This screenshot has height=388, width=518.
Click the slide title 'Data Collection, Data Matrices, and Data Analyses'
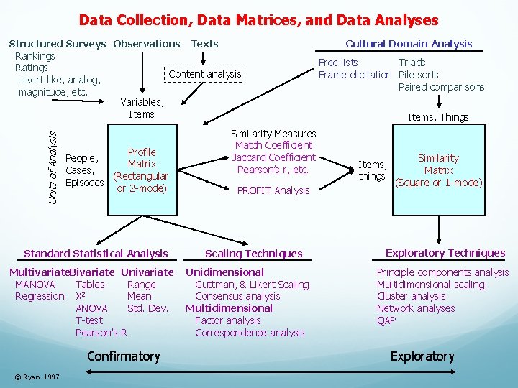[258, 20]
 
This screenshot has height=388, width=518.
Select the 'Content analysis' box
[205, 74]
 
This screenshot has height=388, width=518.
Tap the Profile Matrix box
[142, 170]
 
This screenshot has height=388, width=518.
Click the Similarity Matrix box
[438, 170]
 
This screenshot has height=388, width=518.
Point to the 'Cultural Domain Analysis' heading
[409, 44]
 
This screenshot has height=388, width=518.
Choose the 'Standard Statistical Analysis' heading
[96, 254]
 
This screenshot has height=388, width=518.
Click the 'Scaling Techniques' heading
[254, 254]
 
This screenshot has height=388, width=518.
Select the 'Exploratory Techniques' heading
[445, 253]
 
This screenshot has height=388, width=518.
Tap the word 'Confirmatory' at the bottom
[123, 356]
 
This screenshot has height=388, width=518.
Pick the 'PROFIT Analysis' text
[273, 190]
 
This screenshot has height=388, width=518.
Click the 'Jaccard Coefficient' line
[273, 157]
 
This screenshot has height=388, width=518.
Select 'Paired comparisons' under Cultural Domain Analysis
[441, 87]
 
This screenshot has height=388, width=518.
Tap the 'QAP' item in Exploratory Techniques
[386, 320]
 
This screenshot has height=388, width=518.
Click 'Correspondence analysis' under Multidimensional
[250, 333]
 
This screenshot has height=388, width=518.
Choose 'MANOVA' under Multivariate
[35, 285]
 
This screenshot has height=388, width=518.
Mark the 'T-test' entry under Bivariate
[89, 320]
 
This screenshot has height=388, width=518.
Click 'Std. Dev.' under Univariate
[147, 308]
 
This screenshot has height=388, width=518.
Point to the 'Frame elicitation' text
[355, 75]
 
